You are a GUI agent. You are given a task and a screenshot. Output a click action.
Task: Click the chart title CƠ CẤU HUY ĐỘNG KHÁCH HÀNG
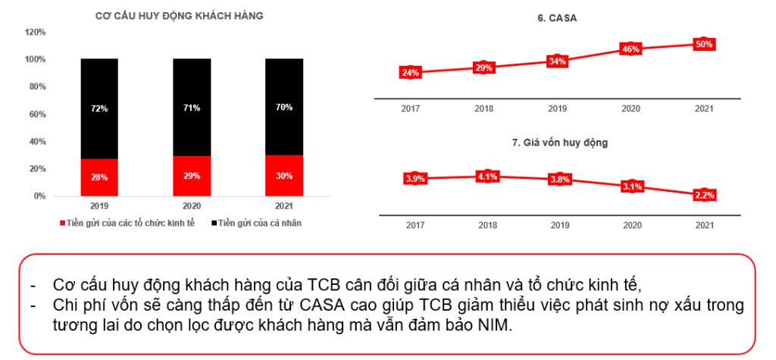[x=179, y=16]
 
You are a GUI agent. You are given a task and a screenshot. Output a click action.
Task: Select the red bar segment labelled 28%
[x=99, y=177]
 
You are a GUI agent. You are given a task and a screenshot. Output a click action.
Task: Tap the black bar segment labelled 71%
[x=192, y=108]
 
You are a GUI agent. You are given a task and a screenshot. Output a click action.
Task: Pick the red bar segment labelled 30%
[x=284, y=177]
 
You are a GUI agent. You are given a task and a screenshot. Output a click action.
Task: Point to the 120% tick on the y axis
[x=36, y=33]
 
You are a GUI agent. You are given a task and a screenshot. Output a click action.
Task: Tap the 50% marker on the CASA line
[x=704, y=44]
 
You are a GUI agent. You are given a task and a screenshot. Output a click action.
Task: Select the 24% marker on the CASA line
[x=410, y=73]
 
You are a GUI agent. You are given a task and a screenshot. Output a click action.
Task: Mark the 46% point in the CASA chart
[x=630, y=49]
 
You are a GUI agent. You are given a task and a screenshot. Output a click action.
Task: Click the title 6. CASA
[x=557, y=17]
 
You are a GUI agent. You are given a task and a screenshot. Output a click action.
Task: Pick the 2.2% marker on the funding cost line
[x=704, y=195]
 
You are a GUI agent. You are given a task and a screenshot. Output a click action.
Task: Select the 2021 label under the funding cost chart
[x=704, y=225]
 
